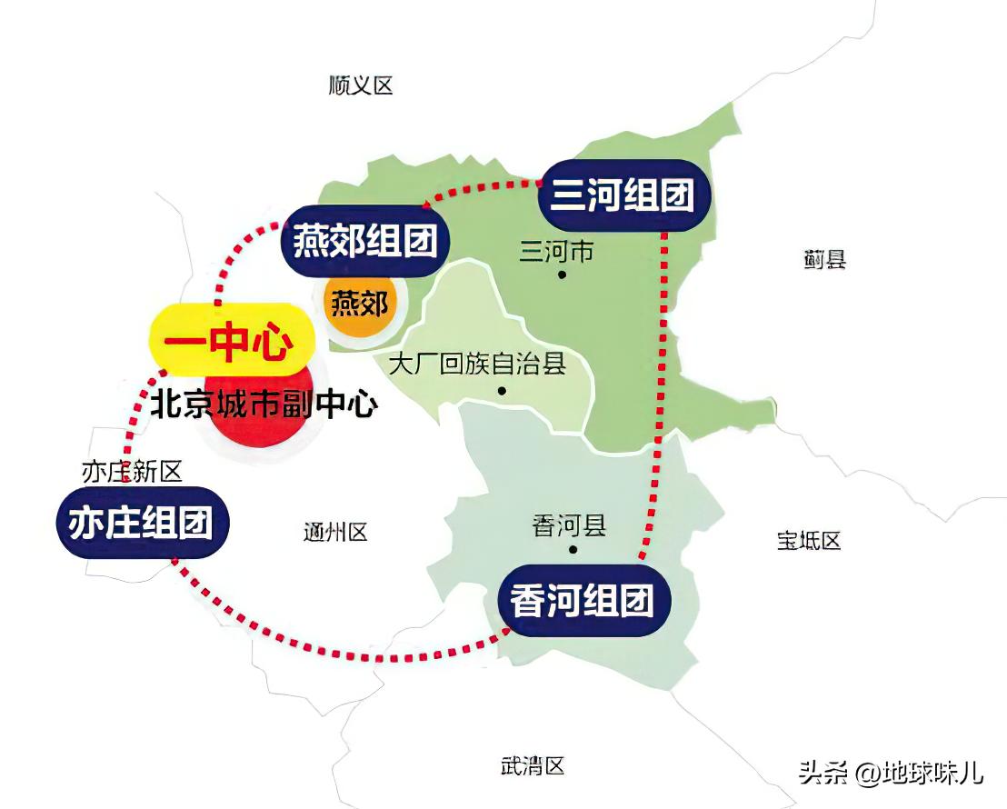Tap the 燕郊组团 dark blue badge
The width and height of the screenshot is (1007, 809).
click(x=365, y=242)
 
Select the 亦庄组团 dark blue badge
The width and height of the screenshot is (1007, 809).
click(x=141, y=523)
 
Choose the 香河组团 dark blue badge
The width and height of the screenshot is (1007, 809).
click(x=583, y=601)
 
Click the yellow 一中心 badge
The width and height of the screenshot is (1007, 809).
click(x=229, y=343)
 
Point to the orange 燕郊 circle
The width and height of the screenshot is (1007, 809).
click(x=359, y=304)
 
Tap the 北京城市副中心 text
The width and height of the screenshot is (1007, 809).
click(x=264, y=404)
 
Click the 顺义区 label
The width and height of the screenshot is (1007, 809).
click(x=361, y=86)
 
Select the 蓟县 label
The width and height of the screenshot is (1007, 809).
click(x=824, y=260)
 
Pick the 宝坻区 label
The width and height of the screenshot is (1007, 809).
click(x=808, y=541)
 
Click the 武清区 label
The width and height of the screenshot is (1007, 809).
click(x=533, y=766)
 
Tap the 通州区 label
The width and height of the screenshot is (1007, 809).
click(x=335, y=533)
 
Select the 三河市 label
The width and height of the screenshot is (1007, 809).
click(x=556, y=251)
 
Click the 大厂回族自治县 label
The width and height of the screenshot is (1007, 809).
click(x=477, y=365)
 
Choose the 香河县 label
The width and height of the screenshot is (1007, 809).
click(x=569, y=525)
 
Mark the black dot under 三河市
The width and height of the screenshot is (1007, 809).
click(x=563, y=274)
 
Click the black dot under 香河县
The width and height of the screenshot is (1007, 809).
click(x=573, y=550)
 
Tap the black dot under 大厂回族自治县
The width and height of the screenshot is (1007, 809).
click(x=501, y=392)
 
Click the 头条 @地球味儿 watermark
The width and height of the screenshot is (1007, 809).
click(x=890, y=773)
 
